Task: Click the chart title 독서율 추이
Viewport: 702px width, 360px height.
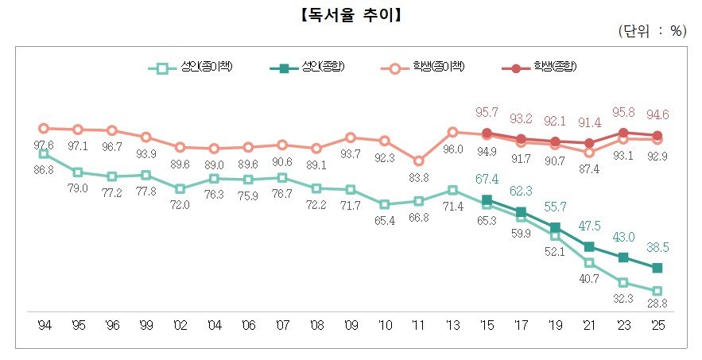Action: [351, 15]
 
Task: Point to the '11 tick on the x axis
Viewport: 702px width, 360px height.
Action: [419, 326]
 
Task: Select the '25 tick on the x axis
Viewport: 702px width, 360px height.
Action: [657, 326]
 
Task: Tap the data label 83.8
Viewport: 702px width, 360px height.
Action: [419, 177]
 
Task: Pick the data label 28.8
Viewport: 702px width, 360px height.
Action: [657, 305]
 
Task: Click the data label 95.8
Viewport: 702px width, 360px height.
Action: [623, 112]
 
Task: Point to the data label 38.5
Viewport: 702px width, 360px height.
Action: [657, 247]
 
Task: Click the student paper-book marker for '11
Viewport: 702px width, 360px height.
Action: [419, 161]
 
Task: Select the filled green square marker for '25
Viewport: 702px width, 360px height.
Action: [657, 268]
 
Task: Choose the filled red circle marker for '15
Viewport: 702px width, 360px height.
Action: [487, 134]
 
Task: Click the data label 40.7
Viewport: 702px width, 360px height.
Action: [589, 279]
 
